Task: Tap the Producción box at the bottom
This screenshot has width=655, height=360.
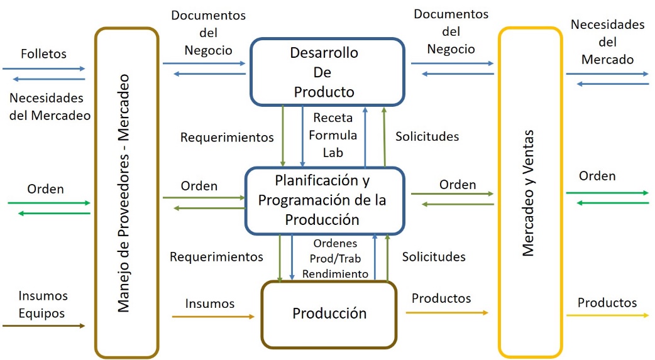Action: (x=329, y=313)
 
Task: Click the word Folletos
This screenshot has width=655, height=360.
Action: (x=43, y=54)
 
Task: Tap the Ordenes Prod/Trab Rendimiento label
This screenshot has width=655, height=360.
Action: (x=334, y=258)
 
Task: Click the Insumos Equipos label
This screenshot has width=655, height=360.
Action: (x=43, y=304)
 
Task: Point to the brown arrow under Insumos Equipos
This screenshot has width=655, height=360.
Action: (x=43, y=325)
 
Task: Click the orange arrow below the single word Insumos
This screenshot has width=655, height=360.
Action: (x=214, y=317)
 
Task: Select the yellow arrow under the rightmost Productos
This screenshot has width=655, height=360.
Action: (x=607, y=315)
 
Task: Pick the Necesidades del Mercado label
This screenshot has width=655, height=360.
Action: (x=607, y=42)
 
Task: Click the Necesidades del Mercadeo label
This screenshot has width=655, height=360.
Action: (x=50, y=107)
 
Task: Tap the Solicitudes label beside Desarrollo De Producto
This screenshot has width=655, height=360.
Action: (x=427, y=136)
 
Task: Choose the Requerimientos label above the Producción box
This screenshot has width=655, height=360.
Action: (x=216, y=256)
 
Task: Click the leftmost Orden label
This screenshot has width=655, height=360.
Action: (x=46, y=188)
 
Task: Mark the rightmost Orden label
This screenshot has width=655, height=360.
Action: (x=598, y=175)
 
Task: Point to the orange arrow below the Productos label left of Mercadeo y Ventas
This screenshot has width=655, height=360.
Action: (x=449, y=312)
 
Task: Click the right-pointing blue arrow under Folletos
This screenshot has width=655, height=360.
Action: (x=44, y=68)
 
